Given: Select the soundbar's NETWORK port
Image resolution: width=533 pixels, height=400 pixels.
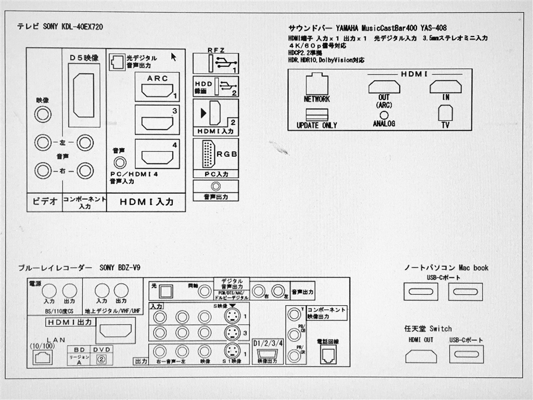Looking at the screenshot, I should (316, 84).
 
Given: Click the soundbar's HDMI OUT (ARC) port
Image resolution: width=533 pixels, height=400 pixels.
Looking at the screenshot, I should (384, 86).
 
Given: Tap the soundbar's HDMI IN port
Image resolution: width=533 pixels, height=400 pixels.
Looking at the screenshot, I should (445, 86).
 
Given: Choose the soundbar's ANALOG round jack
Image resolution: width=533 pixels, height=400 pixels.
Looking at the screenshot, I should (384, 115).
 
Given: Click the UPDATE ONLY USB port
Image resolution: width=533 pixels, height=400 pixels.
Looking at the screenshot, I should (316, 115).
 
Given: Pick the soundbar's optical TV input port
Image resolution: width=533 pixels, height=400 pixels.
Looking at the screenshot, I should (445, 113).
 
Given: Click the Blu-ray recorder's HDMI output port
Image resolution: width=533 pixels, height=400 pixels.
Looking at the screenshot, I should (115, 330).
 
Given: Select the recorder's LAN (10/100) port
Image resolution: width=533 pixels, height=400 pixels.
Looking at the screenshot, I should (42, 357).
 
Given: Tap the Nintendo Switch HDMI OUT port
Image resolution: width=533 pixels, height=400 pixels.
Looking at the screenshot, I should (421, 356).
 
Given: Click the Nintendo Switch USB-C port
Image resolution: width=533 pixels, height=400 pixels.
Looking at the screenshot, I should (466, 355).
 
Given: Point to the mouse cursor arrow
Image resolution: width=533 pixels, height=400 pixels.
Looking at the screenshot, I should (173, 56).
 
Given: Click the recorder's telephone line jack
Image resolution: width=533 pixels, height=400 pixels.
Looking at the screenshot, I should (327, 355).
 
